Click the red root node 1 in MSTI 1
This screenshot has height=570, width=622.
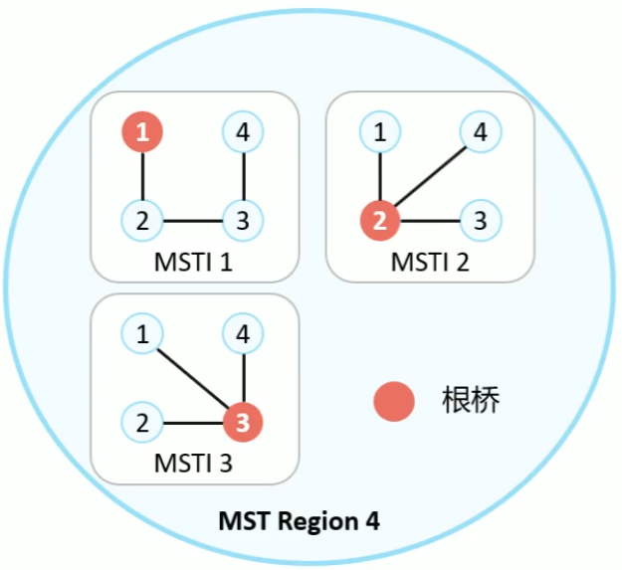tap(143, 133)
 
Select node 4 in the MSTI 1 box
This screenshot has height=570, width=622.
tap(244, 132)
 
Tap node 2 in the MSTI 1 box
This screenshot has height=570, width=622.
tap(143, 220)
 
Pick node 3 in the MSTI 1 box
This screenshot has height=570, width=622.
tap(244, 220)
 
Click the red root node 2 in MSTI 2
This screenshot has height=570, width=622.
tap(379, 220)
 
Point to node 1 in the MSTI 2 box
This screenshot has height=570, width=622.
tap(379, 132)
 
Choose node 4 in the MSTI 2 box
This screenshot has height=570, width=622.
tap(480, 132)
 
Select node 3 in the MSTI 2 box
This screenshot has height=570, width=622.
tap(480, 220)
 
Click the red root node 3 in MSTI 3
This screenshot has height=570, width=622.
tap(244, 423)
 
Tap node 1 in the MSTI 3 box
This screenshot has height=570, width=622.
tap(143, 335)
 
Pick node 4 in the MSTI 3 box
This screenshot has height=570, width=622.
tap(244, 335)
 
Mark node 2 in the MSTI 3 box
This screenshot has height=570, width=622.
tap(143, 423)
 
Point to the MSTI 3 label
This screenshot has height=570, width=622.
tap(194, 465)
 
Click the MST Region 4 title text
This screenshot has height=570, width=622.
tap(299, 521)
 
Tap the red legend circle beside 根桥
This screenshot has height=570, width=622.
tap(394, 402)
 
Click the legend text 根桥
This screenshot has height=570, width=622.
tap(469, 402)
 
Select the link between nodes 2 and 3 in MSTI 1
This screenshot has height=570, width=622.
tap(194, 220)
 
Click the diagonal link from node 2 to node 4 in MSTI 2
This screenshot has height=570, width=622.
tap(430, 176)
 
